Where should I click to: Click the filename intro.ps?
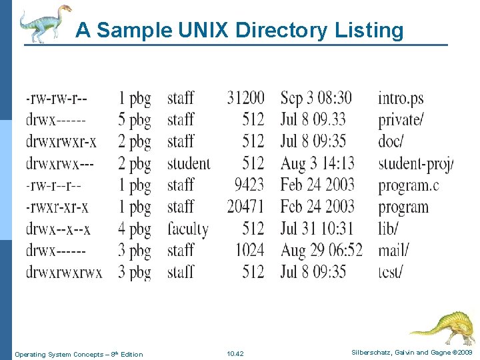(401, 99)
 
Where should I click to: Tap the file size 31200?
(245, 99)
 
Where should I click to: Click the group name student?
(189, 163)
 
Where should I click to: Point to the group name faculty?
(188, 229)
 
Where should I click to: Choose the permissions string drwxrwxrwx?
(64, 272)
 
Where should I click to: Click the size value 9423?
(249, 185)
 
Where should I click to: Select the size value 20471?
(245, 207)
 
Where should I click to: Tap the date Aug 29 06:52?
(321, 251)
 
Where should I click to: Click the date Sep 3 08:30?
(316, 99)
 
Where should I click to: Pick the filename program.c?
(409, 185)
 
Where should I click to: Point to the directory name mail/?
(394, 251)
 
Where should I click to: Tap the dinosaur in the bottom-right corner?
(441, 327)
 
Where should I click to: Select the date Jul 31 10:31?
(317, 229)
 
